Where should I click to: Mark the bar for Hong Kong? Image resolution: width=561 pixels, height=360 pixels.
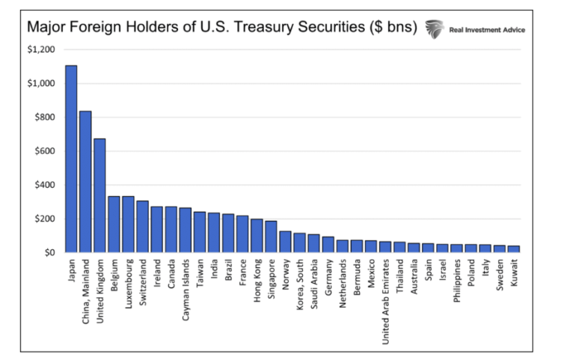click(257, 237)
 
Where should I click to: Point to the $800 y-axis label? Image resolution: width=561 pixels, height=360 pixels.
click(43, 117)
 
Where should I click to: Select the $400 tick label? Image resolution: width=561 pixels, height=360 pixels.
click(43, 185)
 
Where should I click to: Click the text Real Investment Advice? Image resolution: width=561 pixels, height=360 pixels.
click(486, 29)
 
